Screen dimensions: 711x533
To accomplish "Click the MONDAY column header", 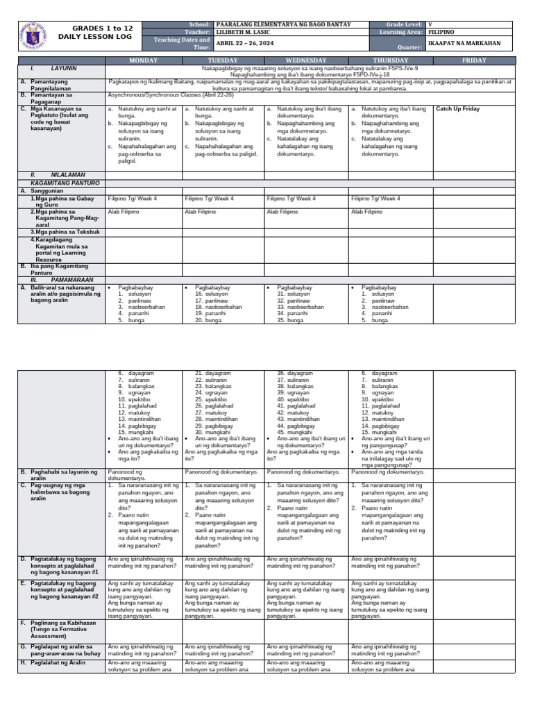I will click(144, 60).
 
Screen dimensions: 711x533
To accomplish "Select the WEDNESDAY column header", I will click(306, 60).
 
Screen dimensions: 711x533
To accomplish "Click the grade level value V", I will click(430, 24).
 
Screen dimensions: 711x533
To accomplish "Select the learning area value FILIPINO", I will click(442, 32).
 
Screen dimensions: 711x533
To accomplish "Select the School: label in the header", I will click(198, 24).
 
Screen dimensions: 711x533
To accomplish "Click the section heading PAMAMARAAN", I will click(71, 279).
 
